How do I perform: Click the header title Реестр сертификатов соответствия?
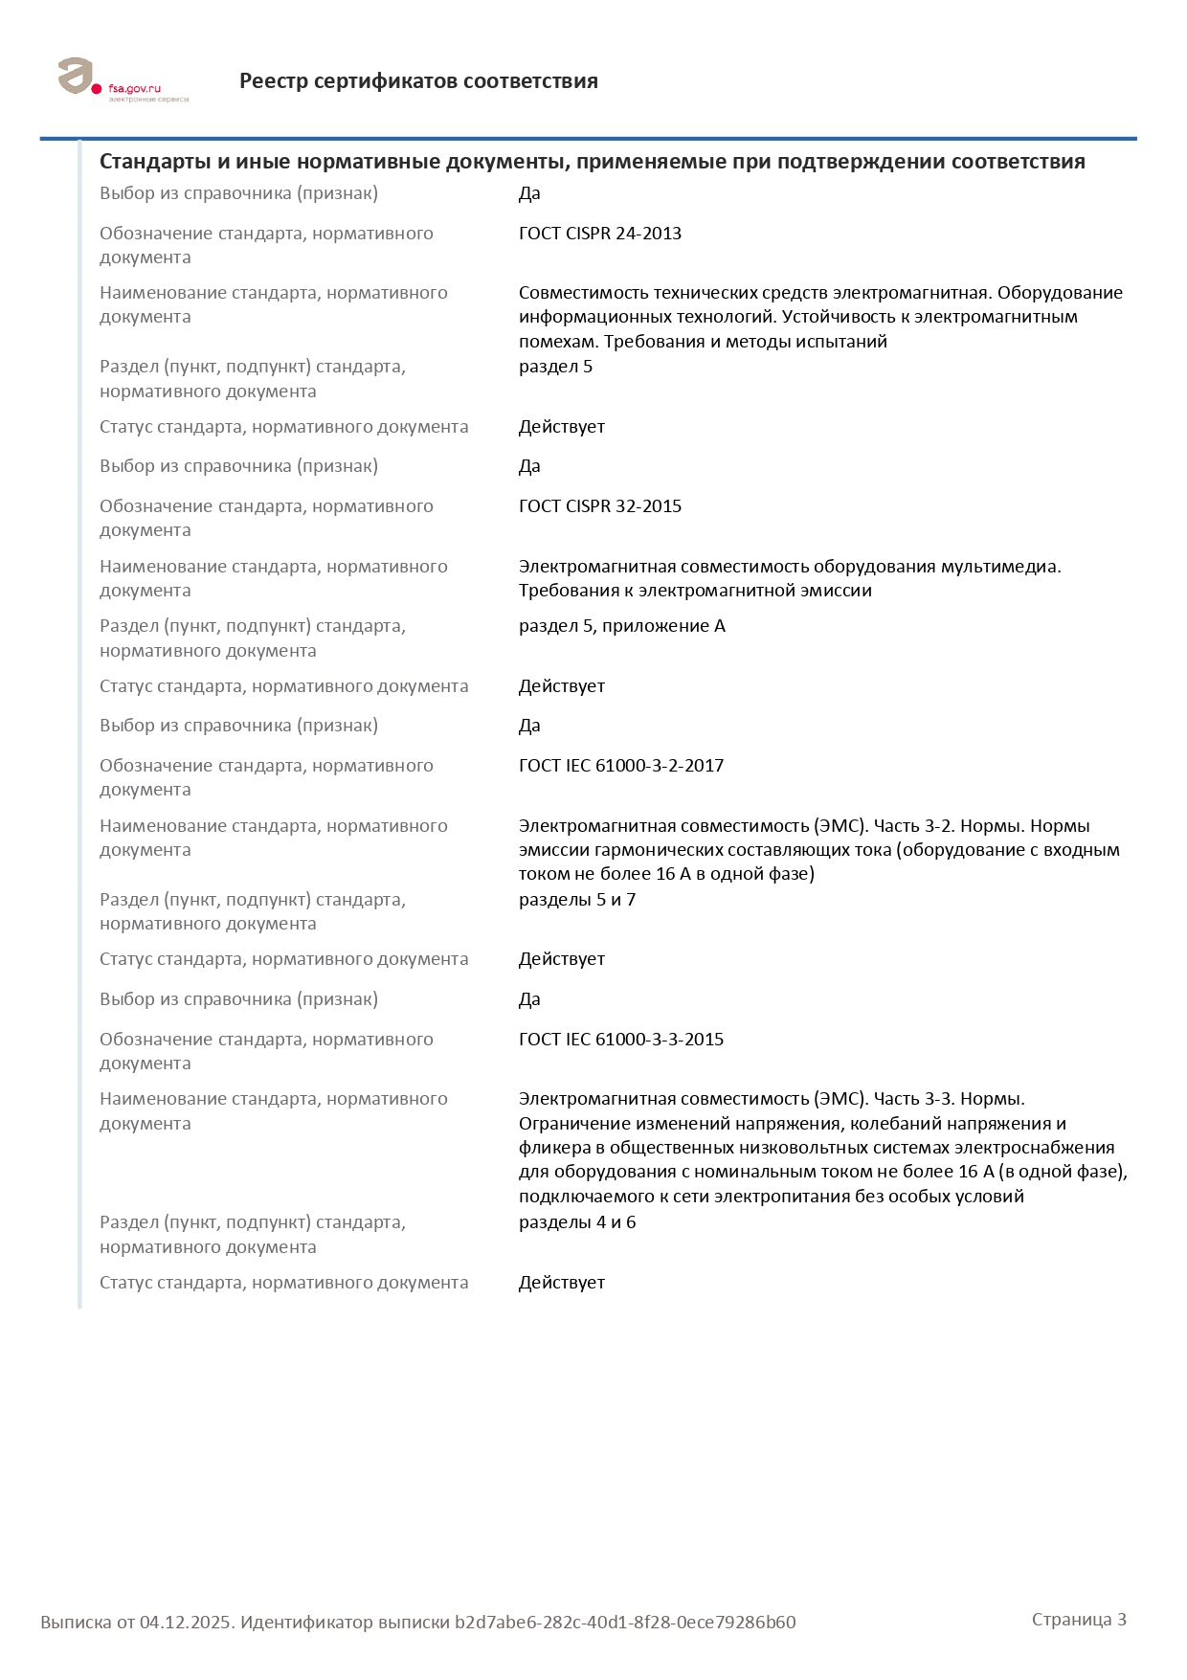point(418,81)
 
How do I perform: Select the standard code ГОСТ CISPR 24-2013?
point(600,234)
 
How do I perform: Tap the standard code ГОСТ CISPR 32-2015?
point(600,506)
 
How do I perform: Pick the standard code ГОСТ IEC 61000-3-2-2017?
point(621,766)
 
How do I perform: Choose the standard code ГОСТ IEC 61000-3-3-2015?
point(621,1040)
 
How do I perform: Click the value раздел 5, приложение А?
point(622,626)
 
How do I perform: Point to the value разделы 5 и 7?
point(577,900)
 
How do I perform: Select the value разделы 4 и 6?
point(577,1222)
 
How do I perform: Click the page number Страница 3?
point(1079,1620)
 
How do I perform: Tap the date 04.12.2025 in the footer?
point(186,1623)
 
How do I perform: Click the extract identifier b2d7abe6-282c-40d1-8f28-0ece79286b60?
point(625,1623)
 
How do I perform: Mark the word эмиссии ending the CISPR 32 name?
point(839,591)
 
